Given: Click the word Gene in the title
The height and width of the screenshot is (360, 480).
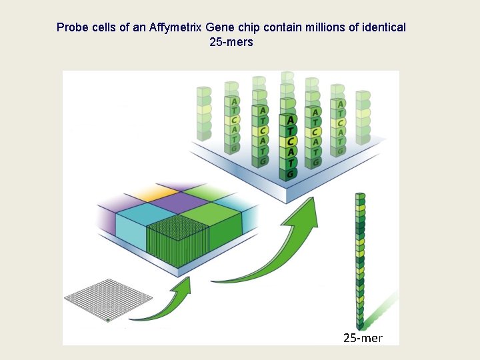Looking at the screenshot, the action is [x=220, y=27].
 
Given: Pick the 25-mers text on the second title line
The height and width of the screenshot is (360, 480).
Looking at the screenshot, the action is [x=231, y=42].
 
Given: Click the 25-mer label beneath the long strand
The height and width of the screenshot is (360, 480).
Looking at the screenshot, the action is [x=363, y=338].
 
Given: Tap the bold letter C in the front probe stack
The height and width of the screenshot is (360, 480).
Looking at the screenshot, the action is [x=289, y=141].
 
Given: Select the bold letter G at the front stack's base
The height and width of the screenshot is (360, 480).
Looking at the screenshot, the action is [x=289, y=174].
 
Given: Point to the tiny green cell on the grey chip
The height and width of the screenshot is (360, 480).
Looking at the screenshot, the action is [x=107, y=320].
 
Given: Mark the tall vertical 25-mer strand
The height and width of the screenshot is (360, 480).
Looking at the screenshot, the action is [x=360, y=260].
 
